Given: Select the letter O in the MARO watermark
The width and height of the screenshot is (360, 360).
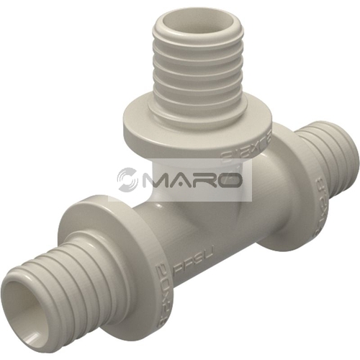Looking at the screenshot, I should (231, 179).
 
